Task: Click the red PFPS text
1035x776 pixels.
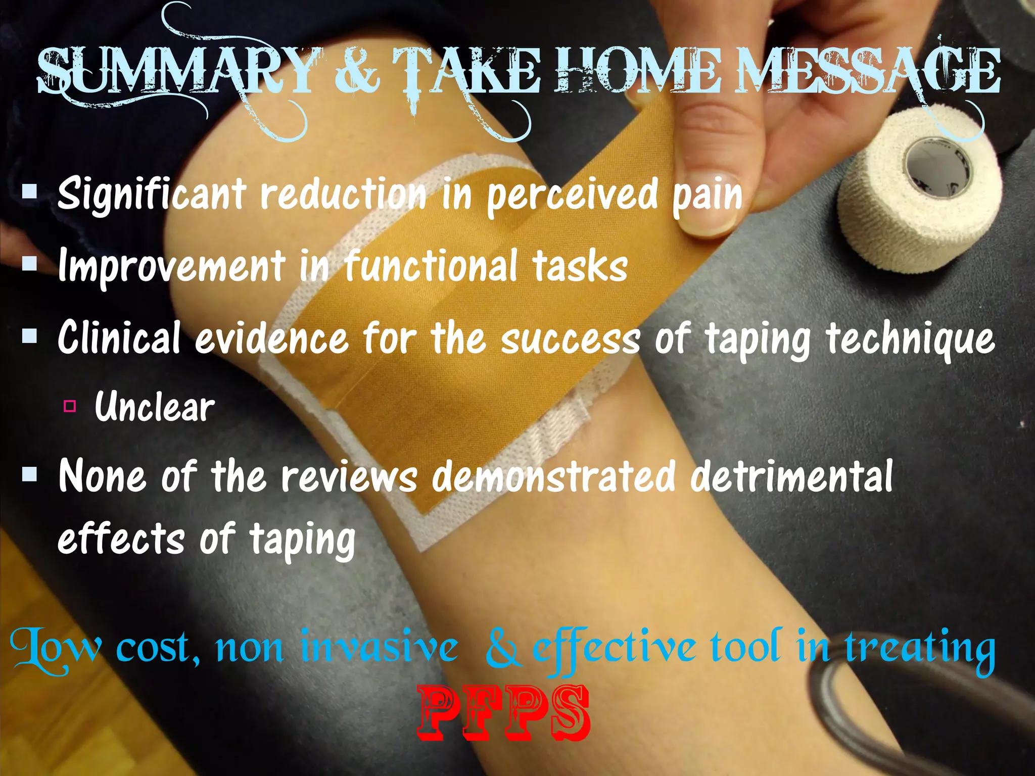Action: [x=504, y=713]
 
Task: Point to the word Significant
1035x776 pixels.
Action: [x=152, y=195]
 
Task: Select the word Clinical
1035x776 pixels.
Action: [x=119, y=337]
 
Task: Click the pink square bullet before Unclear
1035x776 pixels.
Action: [x=70, y=406]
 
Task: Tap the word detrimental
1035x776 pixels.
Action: [x=791, y=476]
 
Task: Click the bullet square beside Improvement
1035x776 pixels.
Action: [x=30, y=263]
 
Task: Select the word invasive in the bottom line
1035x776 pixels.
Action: [x=379, y=648]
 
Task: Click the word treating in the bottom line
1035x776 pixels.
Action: [x=920, y=649]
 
